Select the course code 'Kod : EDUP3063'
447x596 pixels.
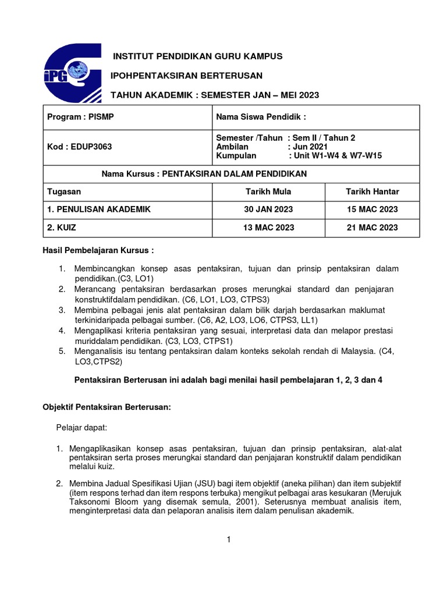79,147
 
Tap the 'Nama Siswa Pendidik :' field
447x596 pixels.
261,117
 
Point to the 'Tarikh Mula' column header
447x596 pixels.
268,191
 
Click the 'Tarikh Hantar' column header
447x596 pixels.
372,191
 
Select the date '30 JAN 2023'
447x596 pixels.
268,210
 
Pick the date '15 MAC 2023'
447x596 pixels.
372,210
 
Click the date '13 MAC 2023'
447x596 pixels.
268,228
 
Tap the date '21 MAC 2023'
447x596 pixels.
372,228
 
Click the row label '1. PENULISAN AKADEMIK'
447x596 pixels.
98,210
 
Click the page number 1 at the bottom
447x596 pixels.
230,540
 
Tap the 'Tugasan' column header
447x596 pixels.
64,191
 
